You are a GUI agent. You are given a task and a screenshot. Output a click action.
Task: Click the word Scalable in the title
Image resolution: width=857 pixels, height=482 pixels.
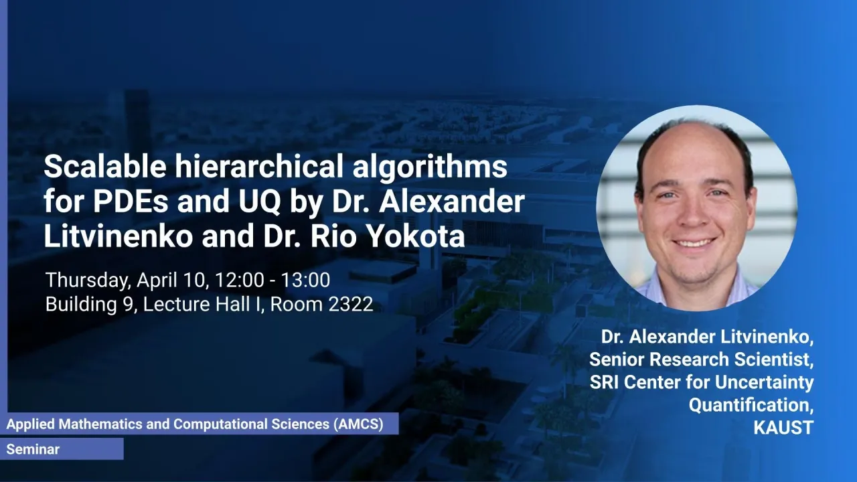click(x=105, y=167)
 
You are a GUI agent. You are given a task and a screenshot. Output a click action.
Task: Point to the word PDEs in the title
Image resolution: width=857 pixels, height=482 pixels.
click(x=131, y=202)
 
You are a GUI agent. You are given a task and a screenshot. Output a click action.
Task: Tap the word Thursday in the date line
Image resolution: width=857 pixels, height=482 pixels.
click(x=88, y=280)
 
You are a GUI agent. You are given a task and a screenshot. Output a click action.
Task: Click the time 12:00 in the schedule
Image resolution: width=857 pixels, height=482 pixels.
click(x=239, y=280)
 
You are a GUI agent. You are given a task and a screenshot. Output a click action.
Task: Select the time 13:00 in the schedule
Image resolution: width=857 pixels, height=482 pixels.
click(x=305, y=280)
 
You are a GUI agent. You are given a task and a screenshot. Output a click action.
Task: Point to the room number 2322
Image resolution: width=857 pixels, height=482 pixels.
click(x=350, y=305)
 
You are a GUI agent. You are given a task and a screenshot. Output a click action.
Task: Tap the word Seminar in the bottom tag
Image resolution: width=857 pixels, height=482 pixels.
click(x=33, y=449)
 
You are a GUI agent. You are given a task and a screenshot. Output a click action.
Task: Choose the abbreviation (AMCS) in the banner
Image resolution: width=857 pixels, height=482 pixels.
click(x=358, y=424)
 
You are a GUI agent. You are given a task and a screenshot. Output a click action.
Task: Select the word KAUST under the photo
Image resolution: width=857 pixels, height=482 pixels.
click(x=783, y=428)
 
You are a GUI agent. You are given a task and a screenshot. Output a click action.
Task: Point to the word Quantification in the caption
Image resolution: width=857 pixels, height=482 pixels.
click(x=751, y=405)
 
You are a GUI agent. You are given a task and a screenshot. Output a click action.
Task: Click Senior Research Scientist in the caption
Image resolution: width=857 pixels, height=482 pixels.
click(x=701, y=359)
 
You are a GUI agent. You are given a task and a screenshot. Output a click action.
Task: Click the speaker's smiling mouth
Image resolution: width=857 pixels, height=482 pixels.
click(x=694, y=242)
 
